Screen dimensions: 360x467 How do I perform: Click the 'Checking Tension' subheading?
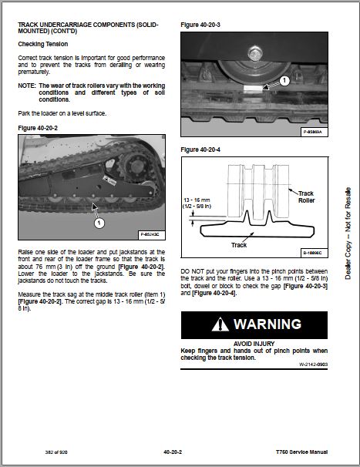tap(43, 44)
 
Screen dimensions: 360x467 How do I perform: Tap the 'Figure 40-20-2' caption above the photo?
tap(38, 128)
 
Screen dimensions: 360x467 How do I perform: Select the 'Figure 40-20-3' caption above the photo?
tap(200, 25)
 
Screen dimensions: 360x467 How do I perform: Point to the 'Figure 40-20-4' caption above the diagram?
tap(200, 150)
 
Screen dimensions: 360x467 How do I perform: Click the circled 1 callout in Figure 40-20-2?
tap(99, 223)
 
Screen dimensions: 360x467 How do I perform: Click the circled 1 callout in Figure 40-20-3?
tap(284, 80)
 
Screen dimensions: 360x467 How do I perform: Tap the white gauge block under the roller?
tap(253, 89)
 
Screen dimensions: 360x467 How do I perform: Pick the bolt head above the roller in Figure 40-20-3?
tap(255, 53)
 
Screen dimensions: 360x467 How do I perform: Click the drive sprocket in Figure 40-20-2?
tap(136, 166)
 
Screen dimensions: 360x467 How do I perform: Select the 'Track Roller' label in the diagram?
tap(306, 197)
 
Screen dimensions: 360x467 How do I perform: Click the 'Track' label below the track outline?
tap(239, 245)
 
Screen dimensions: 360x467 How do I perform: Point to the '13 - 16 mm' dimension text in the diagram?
tap(197, 200)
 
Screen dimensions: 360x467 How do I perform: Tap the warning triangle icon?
tap(220, 324)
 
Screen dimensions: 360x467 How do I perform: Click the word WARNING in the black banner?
tap(267, 324)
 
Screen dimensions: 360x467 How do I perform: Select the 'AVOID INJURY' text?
tap(254, 344)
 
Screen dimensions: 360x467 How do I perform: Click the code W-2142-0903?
tap(313, 365)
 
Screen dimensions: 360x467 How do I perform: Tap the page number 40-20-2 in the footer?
tap(173, 452)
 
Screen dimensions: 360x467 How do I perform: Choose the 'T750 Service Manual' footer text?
tap(301, 452)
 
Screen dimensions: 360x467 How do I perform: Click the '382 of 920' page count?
tap(56, 452)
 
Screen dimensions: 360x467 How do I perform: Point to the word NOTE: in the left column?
tap(26, 86)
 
